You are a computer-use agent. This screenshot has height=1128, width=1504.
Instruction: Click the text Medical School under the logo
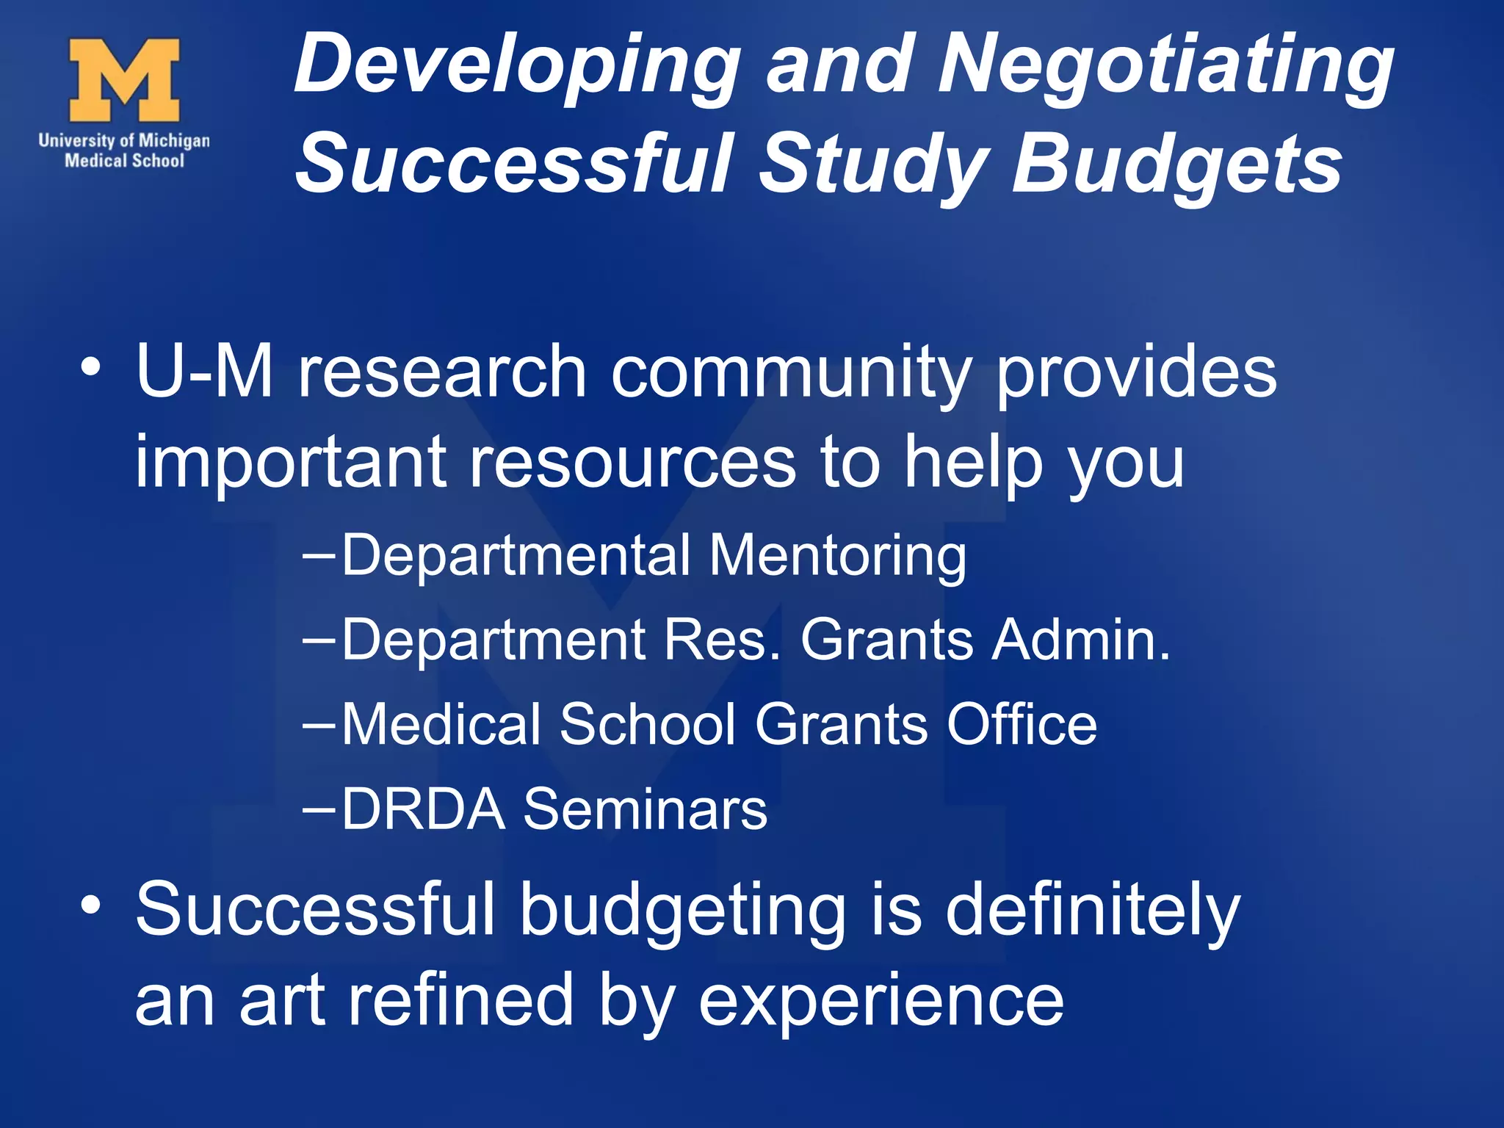124,160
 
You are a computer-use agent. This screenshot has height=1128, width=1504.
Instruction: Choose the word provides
1135,372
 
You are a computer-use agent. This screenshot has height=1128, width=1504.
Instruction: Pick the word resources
632,462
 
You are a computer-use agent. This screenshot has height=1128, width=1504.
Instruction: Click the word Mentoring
837,555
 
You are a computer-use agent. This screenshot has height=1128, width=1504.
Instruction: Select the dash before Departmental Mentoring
319,557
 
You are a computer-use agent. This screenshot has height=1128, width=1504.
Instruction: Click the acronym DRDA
424,809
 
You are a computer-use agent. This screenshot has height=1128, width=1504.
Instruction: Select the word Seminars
645,809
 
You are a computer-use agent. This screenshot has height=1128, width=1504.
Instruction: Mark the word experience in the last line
881,1000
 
